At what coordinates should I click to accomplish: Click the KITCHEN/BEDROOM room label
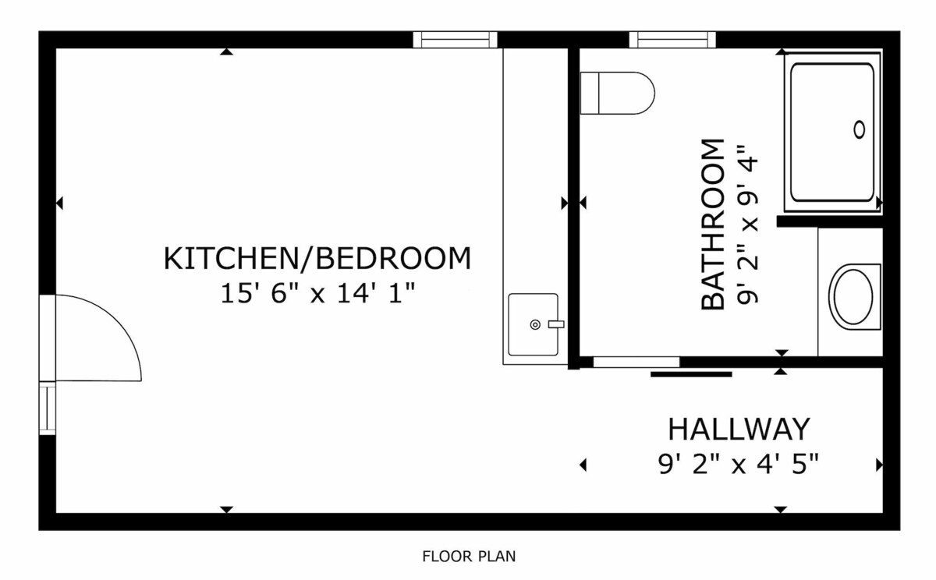pyautogui.click(x=317, y=259)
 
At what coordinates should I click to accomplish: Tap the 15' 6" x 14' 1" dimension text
pyautogui.click(x=317, y=293)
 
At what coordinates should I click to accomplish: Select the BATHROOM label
pyautogui.click(x=713, y=225)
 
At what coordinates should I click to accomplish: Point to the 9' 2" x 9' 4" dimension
pyautogui.click(x=747, y=225)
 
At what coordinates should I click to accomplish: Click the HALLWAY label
pyautogui.click(x=739, y=430)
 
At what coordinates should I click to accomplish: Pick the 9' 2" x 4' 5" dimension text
pyautogui.click(x=739, y=464)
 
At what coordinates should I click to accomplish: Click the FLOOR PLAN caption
pyautogui.click(x=469, y=557)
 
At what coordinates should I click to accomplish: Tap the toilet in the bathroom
pyautogui.click(x=618, y=93)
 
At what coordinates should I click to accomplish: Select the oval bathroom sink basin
pyautogui.click(x=853, y=296)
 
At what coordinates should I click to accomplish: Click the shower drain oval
pyautogui.click(x=860, y=129)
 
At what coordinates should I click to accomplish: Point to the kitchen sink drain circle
pyautogui.click(x=535, y=324)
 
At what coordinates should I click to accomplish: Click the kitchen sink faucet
pyautogui.click(x=556, y=324)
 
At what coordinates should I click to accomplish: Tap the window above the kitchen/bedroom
pyautogui.click(x=455, y=40)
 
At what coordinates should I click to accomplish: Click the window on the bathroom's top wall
pyautogui.click(x=672, y=40)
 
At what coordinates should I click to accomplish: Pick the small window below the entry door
pyautogui.click(x=48, y=408)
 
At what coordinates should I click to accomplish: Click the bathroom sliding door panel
pyautogui.click(x=691, y=374)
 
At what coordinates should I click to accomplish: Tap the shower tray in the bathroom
pyautogui.click(x=833, y=133)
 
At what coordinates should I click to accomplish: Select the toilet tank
pyautogui.click(x=590, y=93)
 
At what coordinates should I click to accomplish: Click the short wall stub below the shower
pyautogui.click(x=829, y=221)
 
